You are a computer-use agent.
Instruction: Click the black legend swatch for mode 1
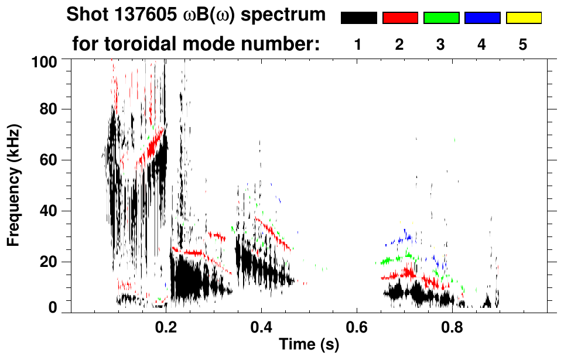point(358,18)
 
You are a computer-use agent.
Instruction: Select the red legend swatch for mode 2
point(399,18)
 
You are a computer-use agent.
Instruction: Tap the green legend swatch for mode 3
point(440,18)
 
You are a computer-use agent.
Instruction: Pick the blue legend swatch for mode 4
point(482,18)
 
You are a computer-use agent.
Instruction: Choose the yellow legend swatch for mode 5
point(523,18)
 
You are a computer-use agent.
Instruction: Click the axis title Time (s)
point(309,344)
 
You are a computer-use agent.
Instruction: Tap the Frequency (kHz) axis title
point(13,184)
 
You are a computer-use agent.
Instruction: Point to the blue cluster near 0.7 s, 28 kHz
point(404,237)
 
